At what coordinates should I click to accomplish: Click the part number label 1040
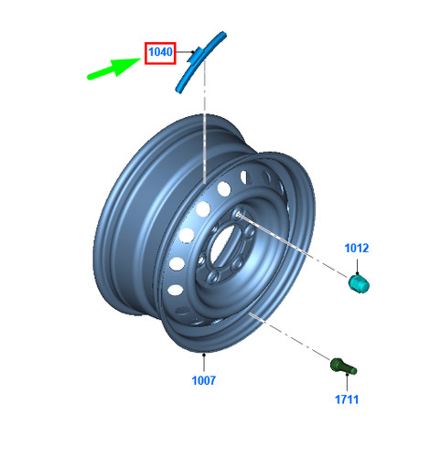pos(160,52)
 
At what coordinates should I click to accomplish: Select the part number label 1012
pos(357,248)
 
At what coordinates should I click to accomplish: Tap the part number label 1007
pos(204,380)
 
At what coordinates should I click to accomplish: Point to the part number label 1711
pos(347,399)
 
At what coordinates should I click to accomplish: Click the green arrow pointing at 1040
pos(113,69)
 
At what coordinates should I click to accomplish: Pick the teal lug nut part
pos(359,283)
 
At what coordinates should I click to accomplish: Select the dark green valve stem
pos(343,367)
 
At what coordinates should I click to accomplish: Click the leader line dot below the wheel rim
pos(204,355)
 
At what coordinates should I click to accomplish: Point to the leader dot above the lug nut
pos(357,274)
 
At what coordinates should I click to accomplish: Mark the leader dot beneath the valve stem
pos(347,374)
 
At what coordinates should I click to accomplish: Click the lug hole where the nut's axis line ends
pos(238,214)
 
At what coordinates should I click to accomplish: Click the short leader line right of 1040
pos(184,52)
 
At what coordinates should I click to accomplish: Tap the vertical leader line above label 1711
pos(347,383)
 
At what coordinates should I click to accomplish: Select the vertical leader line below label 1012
pos(357,266)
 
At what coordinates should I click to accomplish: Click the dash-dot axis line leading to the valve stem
pos(290,336)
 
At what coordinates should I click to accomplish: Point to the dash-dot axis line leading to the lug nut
pos(293,245)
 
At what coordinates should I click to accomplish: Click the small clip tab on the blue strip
pos(194,56)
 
